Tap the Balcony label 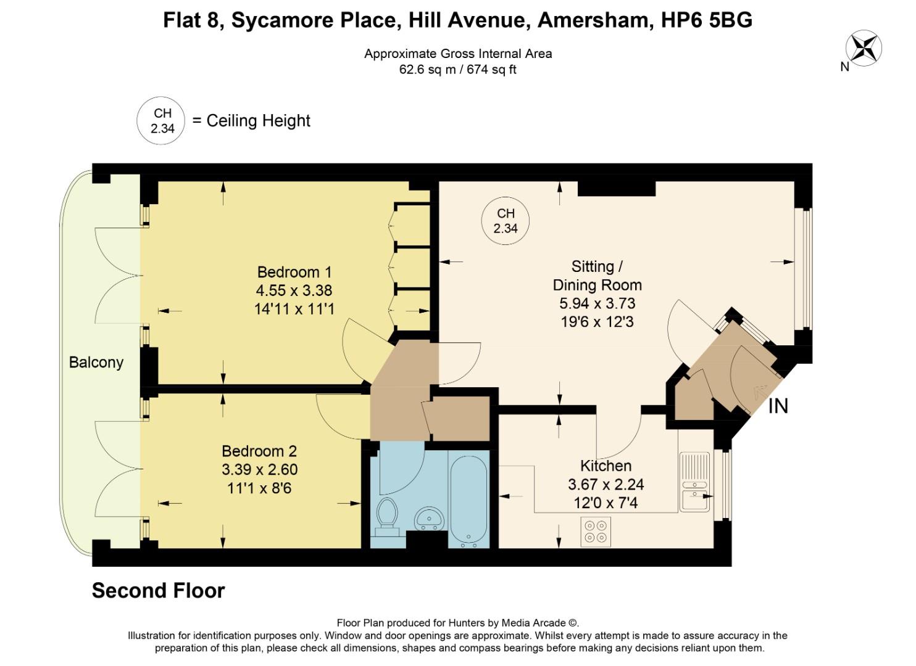pyautogui.click(x=96, y=362)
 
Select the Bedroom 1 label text pyautogui.click(x=294, y=272)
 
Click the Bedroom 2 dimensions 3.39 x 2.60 pyautogui.click(x=260, y=469)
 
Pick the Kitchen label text pyautogui.click(x=606, y=466)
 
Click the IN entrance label pyautogui.click(x=778, y=406)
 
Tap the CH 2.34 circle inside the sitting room pyautogui.click(x=506, y=221)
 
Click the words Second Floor pyautogui.click(x=158, y=591)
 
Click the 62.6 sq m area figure pyautogui.click(x=427, y=70)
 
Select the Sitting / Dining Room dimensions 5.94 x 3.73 pyautogui.click(x=597, y=303)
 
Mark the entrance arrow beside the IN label pyautogui.click(x=759, y=392)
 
